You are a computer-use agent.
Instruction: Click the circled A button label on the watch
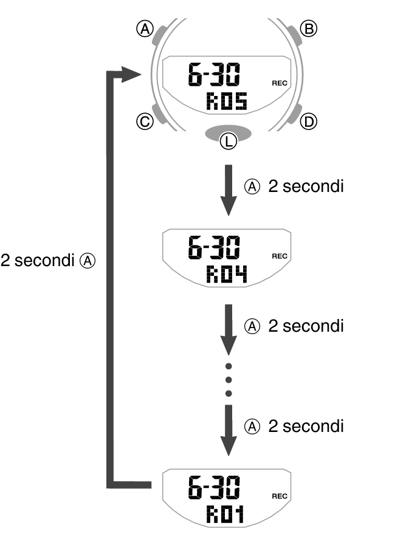pos(145,28)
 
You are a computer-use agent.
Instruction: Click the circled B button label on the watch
pos(309,28)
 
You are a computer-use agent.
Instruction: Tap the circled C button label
pos(145,122)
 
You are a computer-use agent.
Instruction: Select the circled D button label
pos(309,122)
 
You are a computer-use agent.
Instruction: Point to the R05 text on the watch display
pos(227,101)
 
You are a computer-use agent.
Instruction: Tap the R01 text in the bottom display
pos(225,515)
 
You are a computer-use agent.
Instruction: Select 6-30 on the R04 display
pos(213,250)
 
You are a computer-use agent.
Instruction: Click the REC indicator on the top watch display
pos(280,83)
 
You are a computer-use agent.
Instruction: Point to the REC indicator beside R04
pos(280,256)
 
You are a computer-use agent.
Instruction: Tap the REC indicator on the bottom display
pos(280,496)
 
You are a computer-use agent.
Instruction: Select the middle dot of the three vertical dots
pos(229,380)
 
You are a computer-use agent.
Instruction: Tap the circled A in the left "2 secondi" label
pos(88,261)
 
